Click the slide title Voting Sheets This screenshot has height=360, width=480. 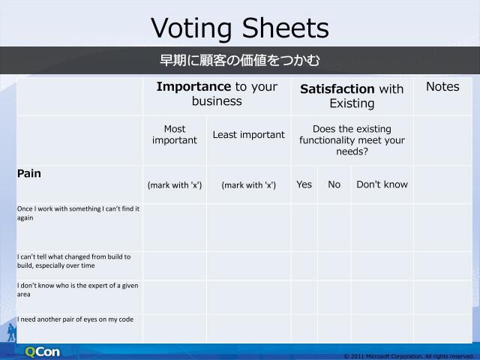point(240,28)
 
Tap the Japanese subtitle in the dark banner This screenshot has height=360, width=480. point(240,61)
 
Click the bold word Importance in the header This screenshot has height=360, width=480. point(193,87)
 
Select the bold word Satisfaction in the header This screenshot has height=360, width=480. point(337,89)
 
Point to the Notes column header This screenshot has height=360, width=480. point(442,87)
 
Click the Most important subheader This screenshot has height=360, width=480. point(175,134)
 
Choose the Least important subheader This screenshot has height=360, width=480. point(248,135)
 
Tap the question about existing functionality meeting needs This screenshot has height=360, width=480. point(352,140)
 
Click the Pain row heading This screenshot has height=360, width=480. point(29,173)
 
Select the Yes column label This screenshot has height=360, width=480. point(304,184)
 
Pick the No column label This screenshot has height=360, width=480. point(334,184)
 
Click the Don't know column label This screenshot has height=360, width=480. point(382,184)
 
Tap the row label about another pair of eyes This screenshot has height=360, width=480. point(75,319)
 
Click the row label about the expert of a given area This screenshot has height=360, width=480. point(77,289)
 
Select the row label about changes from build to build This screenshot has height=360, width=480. point(73,260)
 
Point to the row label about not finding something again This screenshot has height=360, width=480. point(78,213)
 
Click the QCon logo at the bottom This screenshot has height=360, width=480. point(42,352)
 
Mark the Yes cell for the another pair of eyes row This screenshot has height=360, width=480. point(304,328)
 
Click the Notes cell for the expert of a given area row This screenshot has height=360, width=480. point(442,296)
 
